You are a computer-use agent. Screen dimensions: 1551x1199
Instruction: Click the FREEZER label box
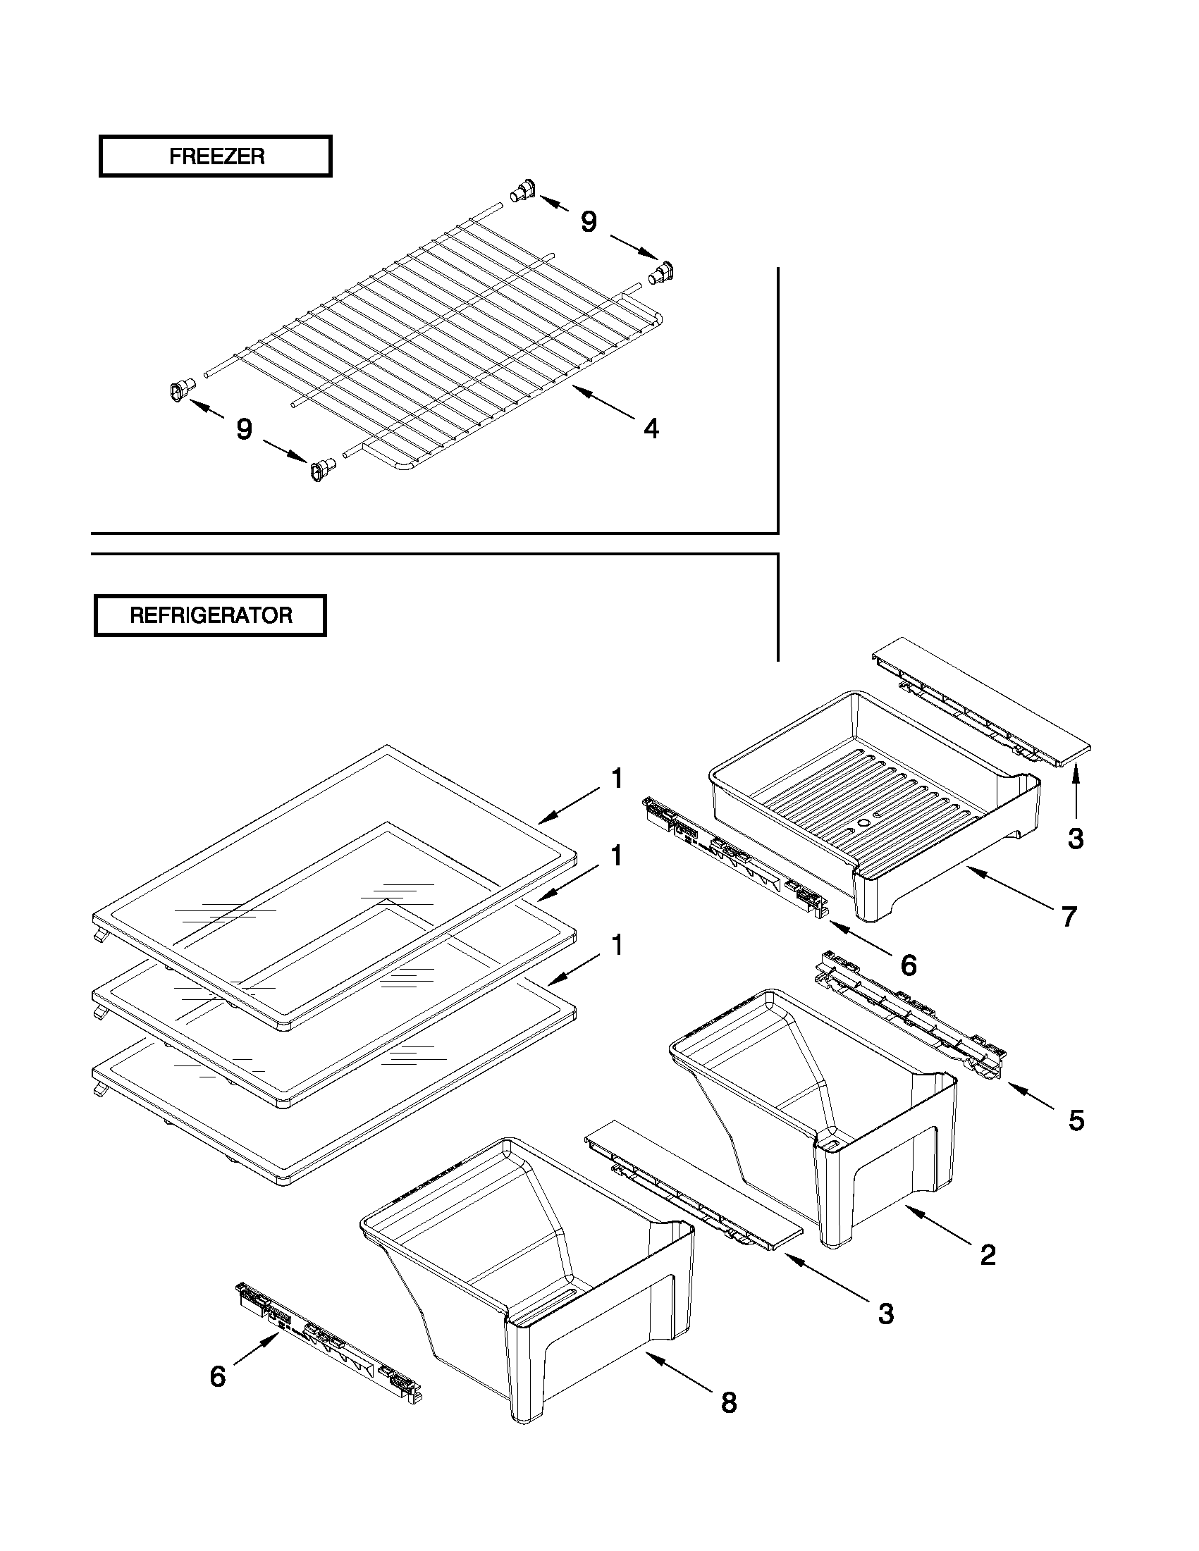(215, 156)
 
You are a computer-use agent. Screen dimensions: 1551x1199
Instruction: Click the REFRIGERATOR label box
(210, 615)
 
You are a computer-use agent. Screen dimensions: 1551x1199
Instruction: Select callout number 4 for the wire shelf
(651, 428)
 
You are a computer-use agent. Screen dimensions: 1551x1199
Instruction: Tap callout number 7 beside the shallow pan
(1069, 916)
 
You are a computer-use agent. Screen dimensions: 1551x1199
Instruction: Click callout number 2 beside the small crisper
(988, 1255)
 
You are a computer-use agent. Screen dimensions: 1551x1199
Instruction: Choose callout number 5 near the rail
(1076, 1120)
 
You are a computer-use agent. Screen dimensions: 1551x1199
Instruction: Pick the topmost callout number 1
(617, 779)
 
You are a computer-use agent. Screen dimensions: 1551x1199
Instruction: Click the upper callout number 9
(588, 221)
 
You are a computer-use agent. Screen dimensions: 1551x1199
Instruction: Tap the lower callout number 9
(244, 428)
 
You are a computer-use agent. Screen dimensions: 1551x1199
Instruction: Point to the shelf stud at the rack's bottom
(321, 469)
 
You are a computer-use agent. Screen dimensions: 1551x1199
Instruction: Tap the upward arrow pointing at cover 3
(1076, 792)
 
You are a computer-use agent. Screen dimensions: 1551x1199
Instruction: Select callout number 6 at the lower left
(217, 1376)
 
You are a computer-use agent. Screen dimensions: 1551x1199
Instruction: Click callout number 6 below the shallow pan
(909, 965)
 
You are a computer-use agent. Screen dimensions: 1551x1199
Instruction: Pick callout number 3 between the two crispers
(885, 1313)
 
